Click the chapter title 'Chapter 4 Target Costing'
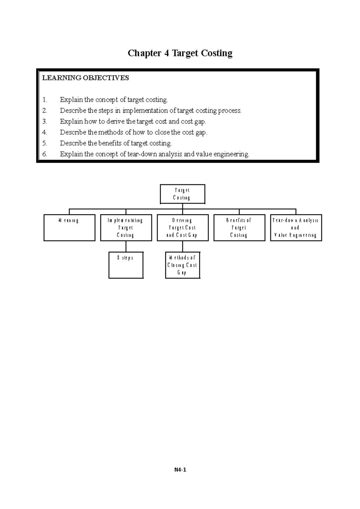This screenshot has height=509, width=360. point(180,53)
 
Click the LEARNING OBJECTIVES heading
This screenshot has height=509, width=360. point(85,78)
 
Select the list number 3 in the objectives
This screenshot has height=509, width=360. point(44,121)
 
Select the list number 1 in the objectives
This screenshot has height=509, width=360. point(44,100)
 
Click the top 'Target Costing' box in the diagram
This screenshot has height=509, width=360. point(182,194)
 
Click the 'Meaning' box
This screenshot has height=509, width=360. point(69,228)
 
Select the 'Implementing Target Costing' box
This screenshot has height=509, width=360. point(126,228)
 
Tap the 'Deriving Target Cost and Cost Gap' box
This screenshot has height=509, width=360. point(182,228)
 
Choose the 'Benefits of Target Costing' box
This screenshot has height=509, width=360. point(239,228)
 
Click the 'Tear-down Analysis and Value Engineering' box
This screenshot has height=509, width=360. point(296,228)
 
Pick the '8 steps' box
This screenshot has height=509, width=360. point(126,265)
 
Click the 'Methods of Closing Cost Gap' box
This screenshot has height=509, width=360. point(182,265)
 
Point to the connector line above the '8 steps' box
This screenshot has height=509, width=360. point(126,246)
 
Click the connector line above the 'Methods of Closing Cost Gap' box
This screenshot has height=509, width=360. point(182,246)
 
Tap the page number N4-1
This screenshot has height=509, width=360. point(180,470)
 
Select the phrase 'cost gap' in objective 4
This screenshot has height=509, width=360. point(194,132)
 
